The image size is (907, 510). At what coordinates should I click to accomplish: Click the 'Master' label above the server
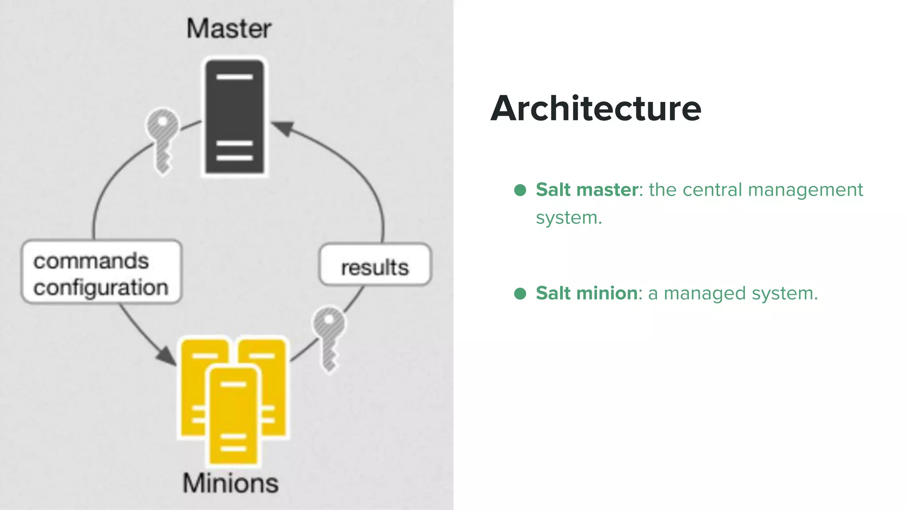click(229, 29)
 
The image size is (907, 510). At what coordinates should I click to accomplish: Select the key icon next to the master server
click(163, 140)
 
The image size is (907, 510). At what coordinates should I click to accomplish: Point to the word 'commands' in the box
click(91, 261)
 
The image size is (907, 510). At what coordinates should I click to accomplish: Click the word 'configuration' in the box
click(101, 288)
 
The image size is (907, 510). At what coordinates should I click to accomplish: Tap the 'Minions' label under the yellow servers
click(231, 483)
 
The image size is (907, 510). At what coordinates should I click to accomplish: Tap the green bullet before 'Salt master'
click(520, 190)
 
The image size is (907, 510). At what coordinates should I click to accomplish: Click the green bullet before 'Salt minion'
click(520, 294)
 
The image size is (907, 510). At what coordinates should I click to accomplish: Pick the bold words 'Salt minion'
click(587, 293)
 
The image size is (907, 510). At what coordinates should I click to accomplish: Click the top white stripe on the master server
click(234, 77)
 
